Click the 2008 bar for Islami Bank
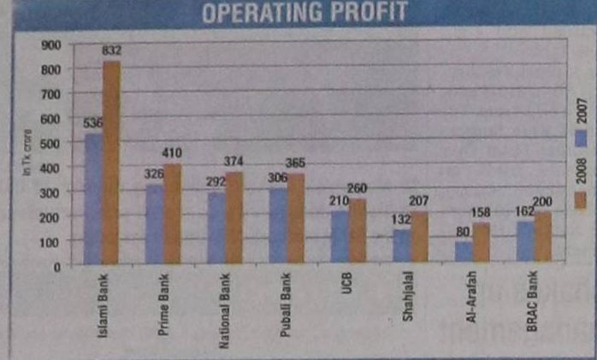pyautogui.click(x=111, y=162)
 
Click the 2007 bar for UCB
pyautogui.click(x=340, y=237)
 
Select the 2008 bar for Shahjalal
pyautogui.click(x=418, y=238)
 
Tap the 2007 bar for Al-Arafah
pyautogui.click(x=462, y=252)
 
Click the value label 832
pyautogui.click(x=112, y=51)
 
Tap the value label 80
pyautogui.click(x=462, y=231)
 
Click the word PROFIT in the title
pyautogui.click(x=363, y=12)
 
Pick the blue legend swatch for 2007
pyautogui.click(x=579, y=139)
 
